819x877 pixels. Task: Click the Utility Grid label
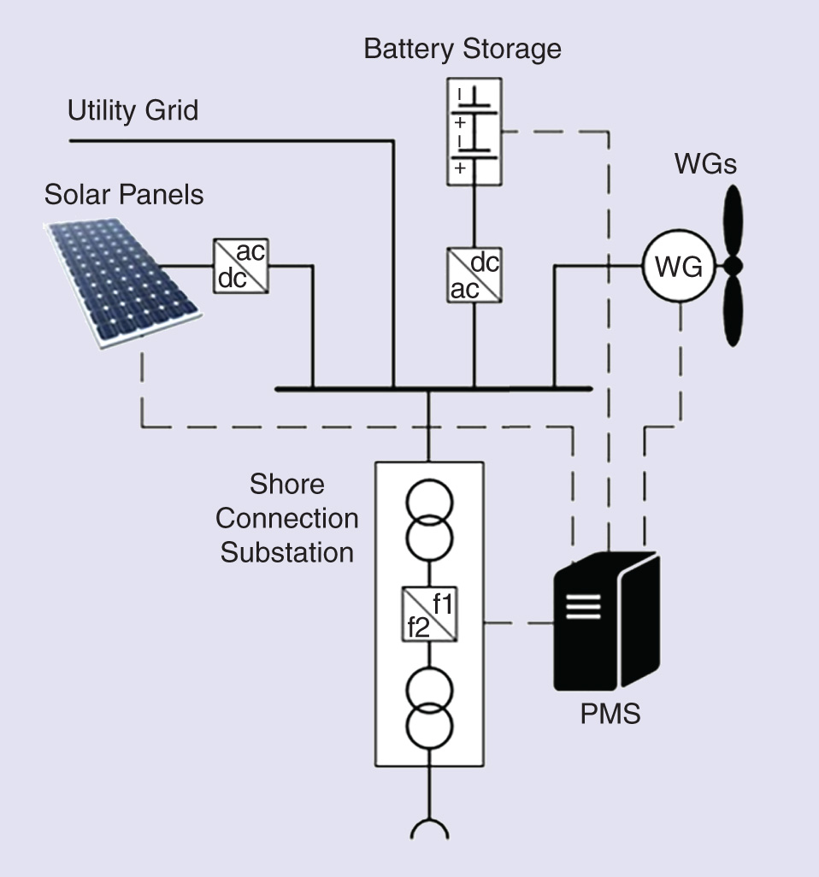[x=133, y=110]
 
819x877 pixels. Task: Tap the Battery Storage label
[x=463, y=48]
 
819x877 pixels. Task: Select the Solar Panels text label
[x=124, y=194]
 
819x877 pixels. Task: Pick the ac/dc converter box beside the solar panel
[x=240, y=266]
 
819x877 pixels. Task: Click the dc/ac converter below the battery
[x=474, y=275]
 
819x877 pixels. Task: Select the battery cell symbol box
[x=474, y=132]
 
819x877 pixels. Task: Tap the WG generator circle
[x=678, y=268]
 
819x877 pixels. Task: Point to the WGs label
[x=704, y=162]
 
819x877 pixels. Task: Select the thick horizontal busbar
[x=433, y=389]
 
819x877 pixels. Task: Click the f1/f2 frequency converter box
[x=429, y=615]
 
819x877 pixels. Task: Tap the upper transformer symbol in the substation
[x=429, y=521]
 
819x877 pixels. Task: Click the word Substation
[x=286, y=552]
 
